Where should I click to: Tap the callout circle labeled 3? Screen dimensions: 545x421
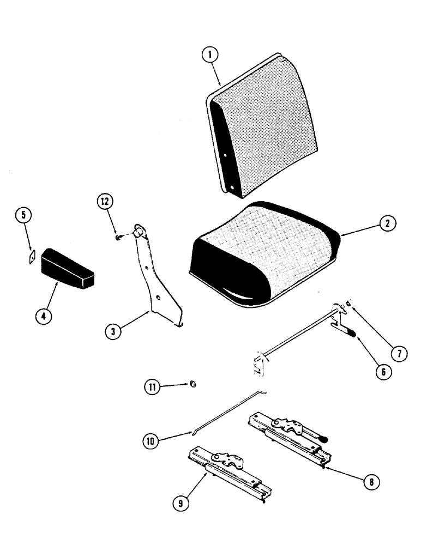(x=112, y=331)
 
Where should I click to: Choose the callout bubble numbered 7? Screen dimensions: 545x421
(x=399, y=353)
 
